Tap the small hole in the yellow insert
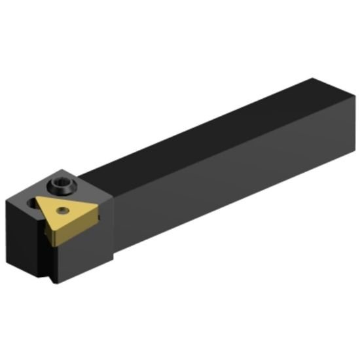click(x=62, y=210)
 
